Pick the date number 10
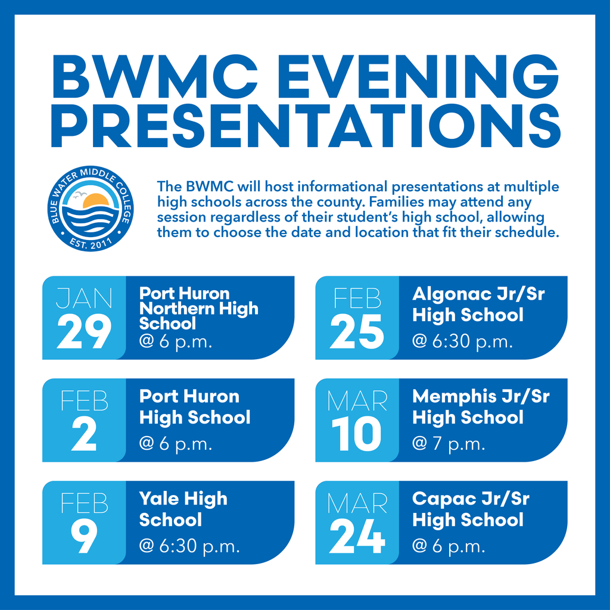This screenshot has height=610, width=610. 357,435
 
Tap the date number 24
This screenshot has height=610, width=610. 357,537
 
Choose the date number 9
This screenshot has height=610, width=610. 84,537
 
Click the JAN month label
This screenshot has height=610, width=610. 84,298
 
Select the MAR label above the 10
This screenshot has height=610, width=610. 357,401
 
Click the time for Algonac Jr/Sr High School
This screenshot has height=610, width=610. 462,342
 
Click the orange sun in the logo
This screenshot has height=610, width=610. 95,201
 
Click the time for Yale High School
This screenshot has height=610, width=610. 189,547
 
